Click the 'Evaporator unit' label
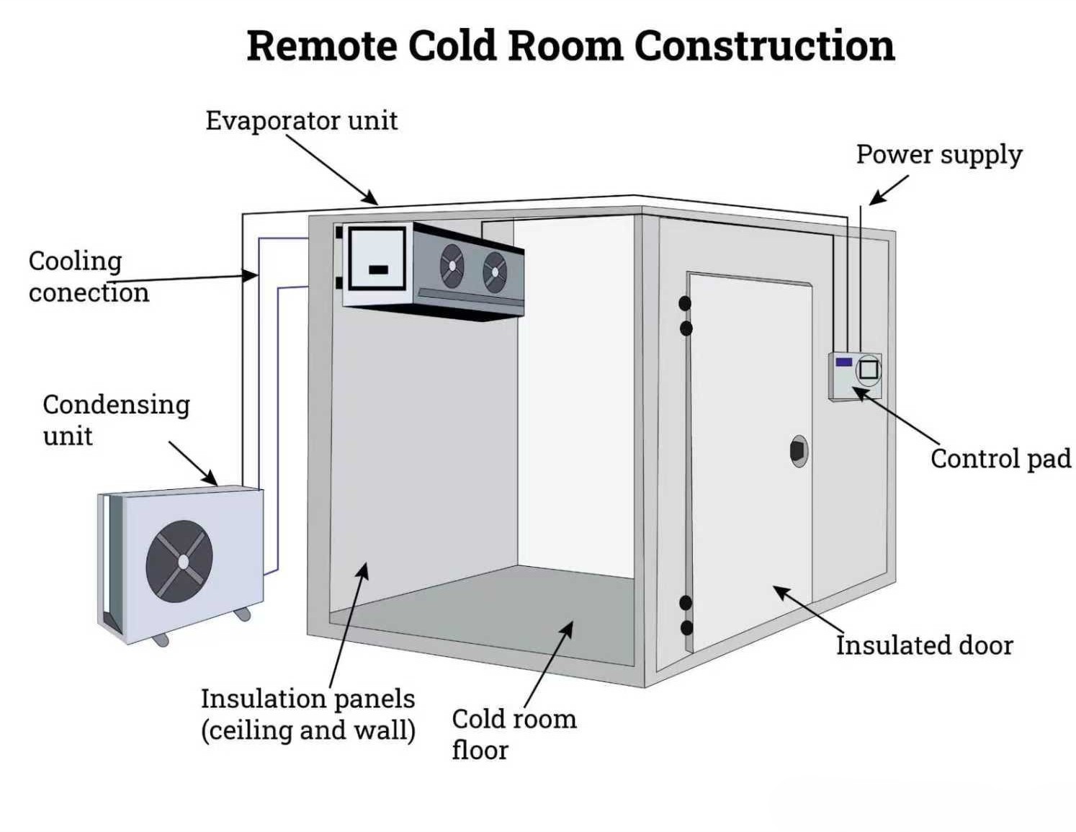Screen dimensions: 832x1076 [301, 120]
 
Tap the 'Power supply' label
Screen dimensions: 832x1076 [938, 155]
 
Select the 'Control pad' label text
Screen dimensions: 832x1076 [1000, 459]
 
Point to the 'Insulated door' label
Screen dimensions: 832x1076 [924, 645]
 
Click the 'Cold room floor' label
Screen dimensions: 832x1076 [514, 734]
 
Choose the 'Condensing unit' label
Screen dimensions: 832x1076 [115, 419]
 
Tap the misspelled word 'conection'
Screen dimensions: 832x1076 [89, 292]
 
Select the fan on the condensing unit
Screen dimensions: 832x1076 [179, 561]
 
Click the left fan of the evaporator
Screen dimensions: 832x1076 [452, 266]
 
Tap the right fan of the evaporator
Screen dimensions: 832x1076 [495, 273]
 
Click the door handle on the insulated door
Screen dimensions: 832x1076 [798, 451]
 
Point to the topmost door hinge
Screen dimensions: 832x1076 [685, 303]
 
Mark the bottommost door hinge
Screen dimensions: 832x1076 [686, 627]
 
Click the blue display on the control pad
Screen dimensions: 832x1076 [843, 362]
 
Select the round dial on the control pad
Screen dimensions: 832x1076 [869, 370]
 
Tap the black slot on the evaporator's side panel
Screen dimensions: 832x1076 [378, 270]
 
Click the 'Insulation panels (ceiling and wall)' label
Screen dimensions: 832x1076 [308, 714]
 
